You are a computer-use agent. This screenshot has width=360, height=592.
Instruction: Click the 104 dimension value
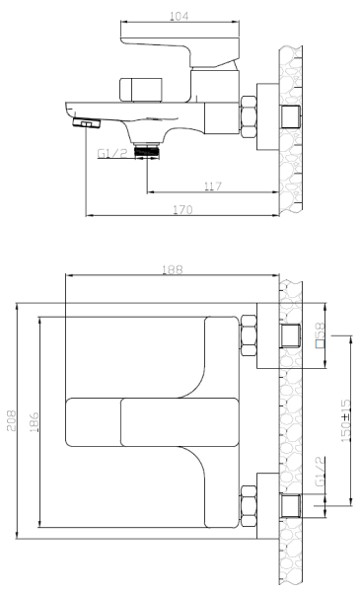pos(179,16)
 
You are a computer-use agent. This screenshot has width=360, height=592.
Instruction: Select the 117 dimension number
pos(213,186)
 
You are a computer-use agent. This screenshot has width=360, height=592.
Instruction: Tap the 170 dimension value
pos(183,209)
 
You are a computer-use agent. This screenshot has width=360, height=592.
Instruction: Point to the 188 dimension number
pos(173,269)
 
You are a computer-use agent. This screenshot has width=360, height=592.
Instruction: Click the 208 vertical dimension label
pos(11,420)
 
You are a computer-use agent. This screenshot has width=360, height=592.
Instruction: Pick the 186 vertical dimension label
pos(34,422)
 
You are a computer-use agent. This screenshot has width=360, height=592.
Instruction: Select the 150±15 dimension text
pos(346,420)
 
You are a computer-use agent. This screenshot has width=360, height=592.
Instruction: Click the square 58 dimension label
pos(320,334)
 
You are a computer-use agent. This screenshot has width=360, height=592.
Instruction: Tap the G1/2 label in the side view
pos(112,153)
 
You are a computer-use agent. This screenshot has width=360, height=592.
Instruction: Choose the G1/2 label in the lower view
pos(320,472)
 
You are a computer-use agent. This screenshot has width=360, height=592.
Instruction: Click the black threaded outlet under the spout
pos(147,150)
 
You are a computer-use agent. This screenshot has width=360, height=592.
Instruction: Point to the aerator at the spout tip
pos(87,123)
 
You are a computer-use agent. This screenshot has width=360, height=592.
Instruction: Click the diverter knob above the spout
pos(141,90)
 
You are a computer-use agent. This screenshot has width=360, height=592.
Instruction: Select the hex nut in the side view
pos(249,116)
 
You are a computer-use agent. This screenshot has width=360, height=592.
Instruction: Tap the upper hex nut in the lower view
pos(249,334)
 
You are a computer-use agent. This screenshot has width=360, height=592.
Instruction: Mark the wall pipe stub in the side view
pos(291,116)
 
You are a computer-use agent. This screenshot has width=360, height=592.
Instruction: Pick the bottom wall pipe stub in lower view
pos(291,505)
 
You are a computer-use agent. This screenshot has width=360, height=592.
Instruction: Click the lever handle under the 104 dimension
pos(180,51)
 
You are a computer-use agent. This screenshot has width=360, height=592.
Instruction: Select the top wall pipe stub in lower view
pos(291,335)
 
